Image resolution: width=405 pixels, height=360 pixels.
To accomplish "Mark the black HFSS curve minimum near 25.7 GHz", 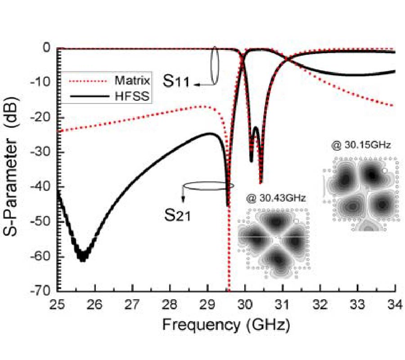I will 83,257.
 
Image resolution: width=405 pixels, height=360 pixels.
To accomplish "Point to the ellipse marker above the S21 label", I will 208,185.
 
